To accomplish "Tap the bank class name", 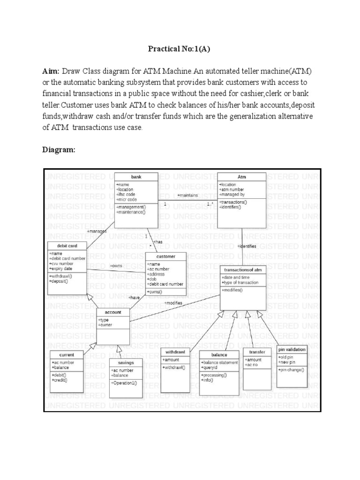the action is [136, 177].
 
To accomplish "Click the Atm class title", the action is [242, 177].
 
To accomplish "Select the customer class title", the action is [166, 256].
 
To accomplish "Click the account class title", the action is [113, 312].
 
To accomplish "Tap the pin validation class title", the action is [292, 349].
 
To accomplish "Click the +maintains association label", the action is [187, 195].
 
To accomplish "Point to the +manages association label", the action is [97, 231].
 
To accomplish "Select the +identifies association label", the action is [247, 246].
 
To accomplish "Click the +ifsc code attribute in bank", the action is [126, 194].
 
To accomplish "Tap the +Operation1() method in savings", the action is [124, 383].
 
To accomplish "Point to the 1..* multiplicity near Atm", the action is [210, 204].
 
